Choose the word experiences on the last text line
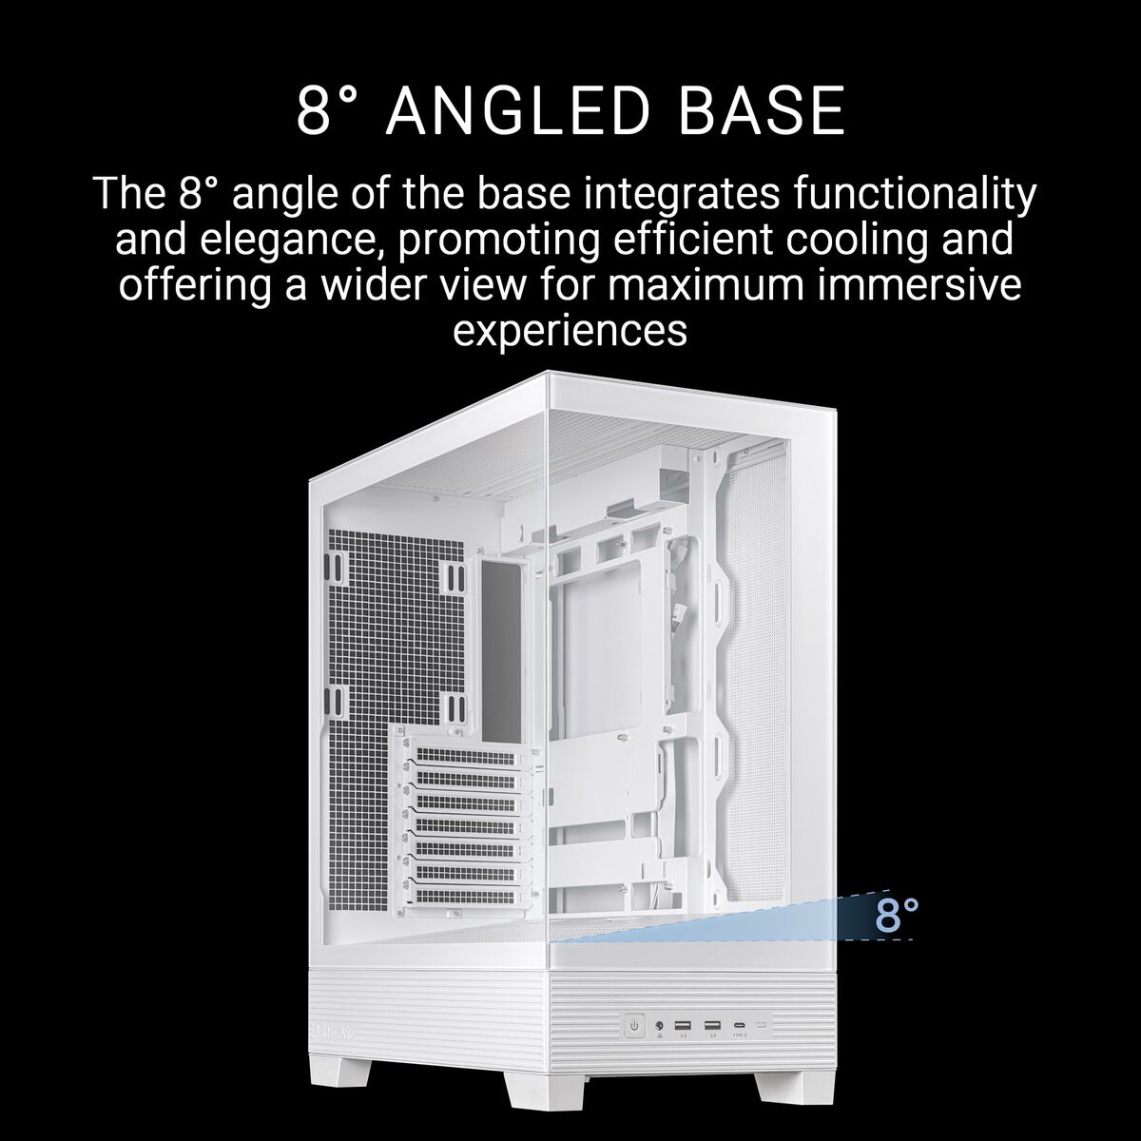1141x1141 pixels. pos(570,331)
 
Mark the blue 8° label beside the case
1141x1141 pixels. pos(897,915)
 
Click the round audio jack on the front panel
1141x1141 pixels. pos(658,1026)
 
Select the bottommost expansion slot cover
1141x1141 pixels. pos(466,895)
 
